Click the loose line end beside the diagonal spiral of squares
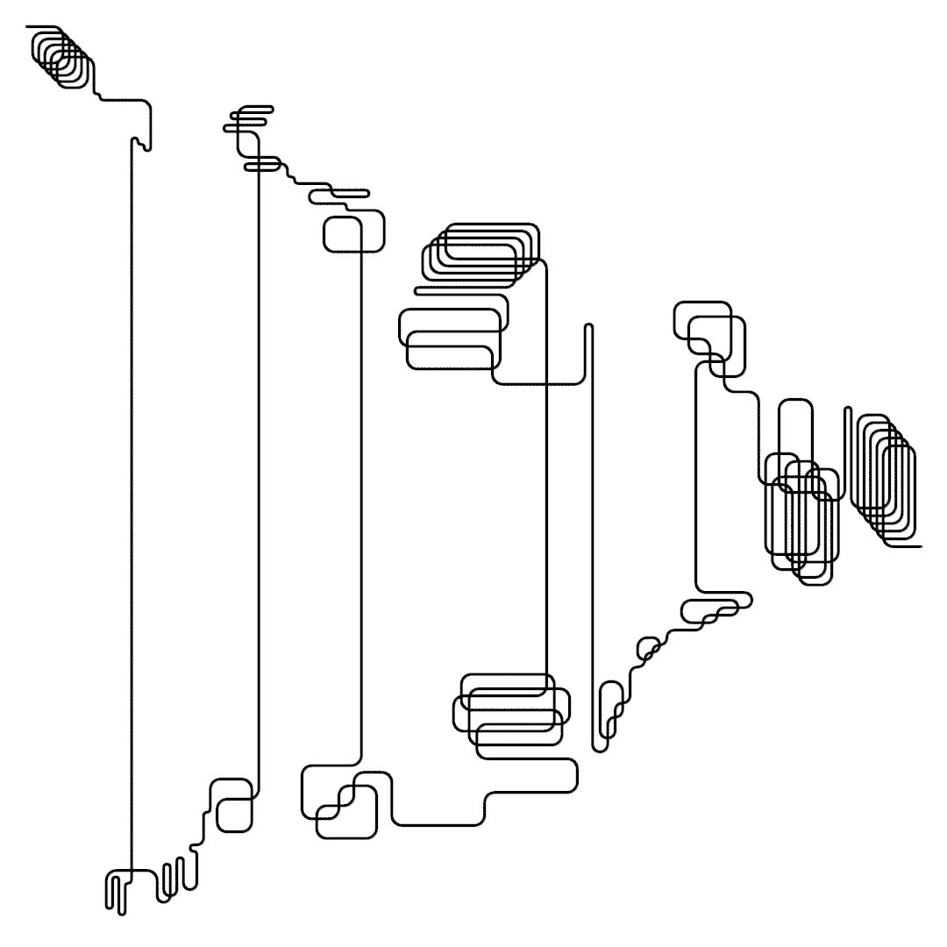[29, 27]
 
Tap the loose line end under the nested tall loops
[920, 546]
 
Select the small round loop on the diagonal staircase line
[648, 648]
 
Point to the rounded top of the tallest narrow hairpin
[588, 327]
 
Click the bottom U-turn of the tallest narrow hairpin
[599, 749]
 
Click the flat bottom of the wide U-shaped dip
[438, 824]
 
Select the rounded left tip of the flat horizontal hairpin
[417, 290]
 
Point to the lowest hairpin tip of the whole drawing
[122, 913]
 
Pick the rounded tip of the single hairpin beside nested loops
[847, 409]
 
